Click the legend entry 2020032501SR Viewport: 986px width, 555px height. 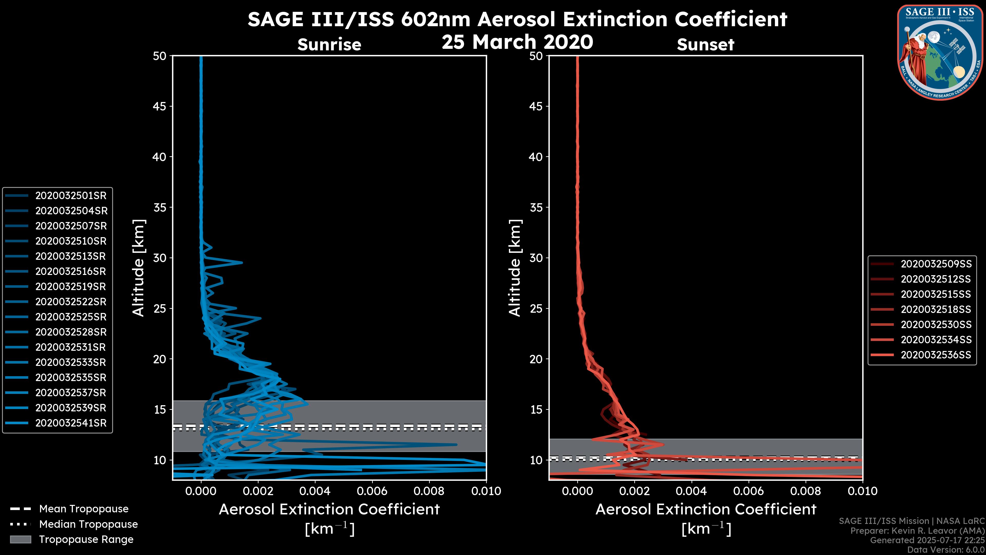point(71,196)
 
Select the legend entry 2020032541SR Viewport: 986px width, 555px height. point(71,423)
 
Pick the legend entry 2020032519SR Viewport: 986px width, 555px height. point(71,286)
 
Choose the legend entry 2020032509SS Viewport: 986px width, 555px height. point(936,264)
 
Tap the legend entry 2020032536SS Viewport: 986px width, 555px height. point(936,355)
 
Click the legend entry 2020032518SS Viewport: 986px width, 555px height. point(936,309)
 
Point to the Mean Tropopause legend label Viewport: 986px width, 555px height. point(84,509)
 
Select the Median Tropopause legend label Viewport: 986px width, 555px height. point(88,524)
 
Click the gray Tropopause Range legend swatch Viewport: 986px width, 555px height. point(21,540)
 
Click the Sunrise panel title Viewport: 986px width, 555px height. point(329,45)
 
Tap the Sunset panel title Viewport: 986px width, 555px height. point(705,45)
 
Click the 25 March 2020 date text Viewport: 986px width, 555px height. point(517,42)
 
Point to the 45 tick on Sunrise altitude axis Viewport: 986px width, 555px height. point(160,106)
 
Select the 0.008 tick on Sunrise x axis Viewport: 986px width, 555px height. point(429,491)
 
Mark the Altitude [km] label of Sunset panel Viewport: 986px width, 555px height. point(515,268)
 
